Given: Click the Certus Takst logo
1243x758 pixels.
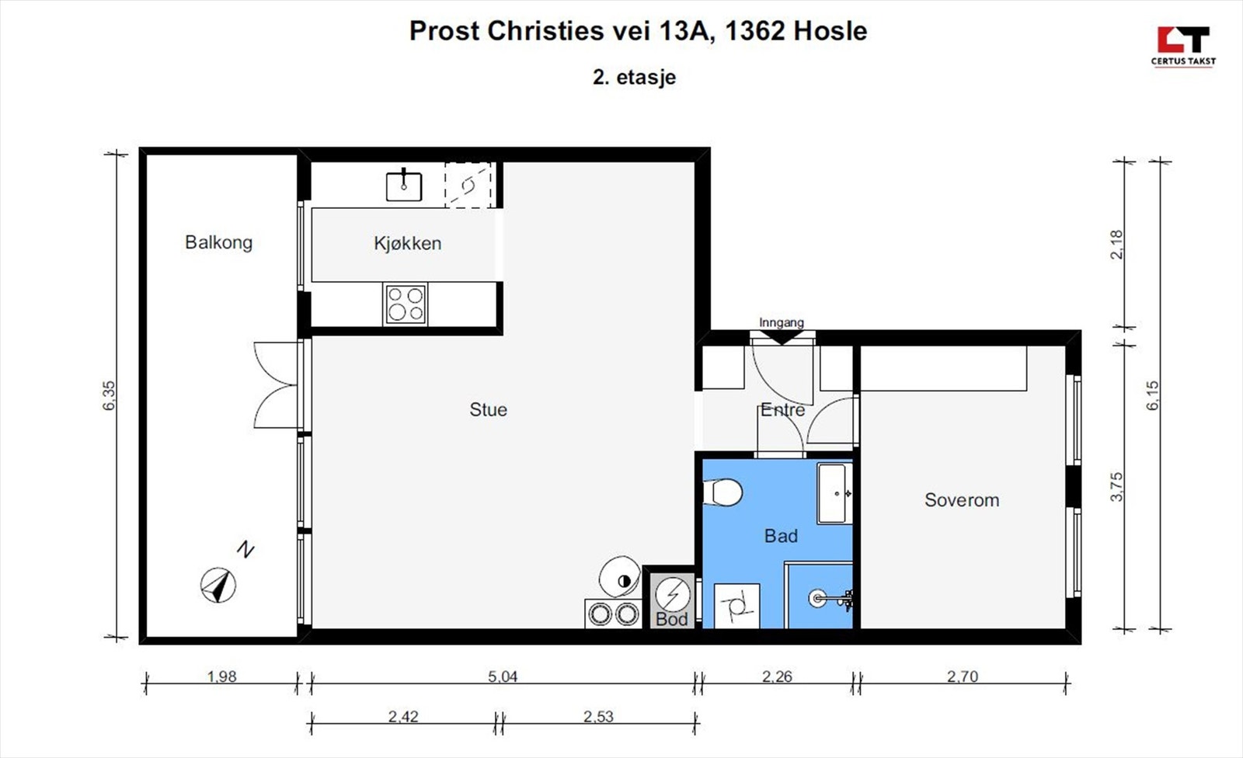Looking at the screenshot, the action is click(1183, 47).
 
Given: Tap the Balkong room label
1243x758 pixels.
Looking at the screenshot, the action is click(218, 242).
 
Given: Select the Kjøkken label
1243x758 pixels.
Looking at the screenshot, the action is click(407, 243).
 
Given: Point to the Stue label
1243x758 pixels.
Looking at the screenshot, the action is click(489, 409).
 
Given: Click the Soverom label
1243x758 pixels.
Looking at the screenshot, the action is click(962, 500).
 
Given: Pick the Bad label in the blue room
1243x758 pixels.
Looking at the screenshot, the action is click(781, 535).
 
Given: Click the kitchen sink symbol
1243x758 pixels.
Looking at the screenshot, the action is click(404, 185).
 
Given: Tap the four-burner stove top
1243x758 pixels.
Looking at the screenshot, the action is click(405, 304).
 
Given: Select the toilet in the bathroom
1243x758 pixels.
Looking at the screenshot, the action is click(722, 492).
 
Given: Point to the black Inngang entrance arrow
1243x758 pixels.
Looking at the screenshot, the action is click(782, 337).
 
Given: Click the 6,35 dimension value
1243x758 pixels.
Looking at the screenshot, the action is click(110, 395).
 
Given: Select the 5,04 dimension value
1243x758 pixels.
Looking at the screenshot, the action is click(503, 676).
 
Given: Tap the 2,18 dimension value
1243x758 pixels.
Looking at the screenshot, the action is click(1116, 244).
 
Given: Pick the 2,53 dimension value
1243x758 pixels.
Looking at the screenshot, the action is click(598, 716).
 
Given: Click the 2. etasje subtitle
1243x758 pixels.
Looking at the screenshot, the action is click(634, 77).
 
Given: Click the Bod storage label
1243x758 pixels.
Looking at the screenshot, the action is click(671, 619).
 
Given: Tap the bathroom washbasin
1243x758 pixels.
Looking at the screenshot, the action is click(834, 493).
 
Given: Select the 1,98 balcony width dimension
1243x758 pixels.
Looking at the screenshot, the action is click(221, 676).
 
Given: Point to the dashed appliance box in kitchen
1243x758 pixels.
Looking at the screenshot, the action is click(468, 186).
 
